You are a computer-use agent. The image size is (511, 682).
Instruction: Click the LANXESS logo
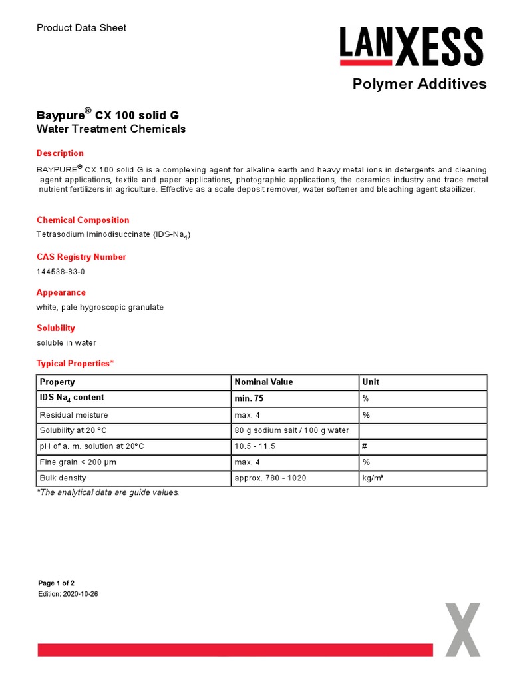coord(411,47)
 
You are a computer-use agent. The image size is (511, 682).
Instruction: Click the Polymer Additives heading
coord(419,84)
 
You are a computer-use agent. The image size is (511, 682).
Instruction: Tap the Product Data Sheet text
coord(81,28)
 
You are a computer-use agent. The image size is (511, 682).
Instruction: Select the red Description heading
coord(60,153)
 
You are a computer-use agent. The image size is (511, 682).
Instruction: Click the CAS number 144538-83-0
coord(61,272)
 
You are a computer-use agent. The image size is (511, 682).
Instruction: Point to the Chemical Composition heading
coord(83,220)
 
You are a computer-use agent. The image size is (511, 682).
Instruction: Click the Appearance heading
coord(61,292)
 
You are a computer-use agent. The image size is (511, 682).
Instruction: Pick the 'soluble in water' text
coord(67,343)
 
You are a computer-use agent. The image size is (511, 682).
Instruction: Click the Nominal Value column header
coord(264,382)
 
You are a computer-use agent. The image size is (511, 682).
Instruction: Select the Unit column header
coord(371,382)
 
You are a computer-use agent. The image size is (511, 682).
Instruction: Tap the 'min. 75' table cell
coord(253,398)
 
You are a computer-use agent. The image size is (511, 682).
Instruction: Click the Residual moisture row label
coord(74,415)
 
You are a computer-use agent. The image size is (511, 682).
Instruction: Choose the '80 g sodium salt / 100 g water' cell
coord(292,430)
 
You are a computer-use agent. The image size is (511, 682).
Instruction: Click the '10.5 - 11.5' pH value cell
coord(255,446)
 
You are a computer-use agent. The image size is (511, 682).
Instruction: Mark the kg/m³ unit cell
coord(373,478)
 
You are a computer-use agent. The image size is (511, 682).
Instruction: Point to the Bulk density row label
coord(63,478)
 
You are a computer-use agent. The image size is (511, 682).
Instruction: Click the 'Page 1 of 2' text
coord(57,583)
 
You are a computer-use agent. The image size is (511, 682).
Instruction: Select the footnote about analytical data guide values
coord(108,493)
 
